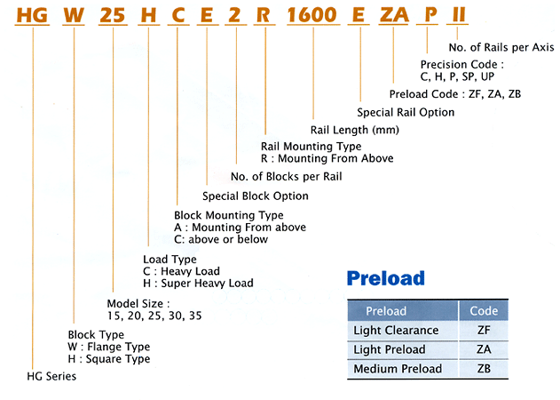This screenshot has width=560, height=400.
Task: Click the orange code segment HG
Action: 32,15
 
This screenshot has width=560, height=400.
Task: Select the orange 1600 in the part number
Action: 312,15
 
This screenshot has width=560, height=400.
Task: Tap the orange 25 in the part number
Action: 113,15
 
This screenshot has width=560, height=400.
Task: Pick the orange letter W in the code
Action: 74,15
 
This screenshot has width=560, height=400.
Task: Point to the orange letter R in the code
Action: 264,15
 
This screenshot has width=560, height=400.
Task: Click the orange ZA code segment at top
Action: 394,15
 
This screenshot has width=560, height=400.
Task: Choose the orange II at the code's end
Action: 459,15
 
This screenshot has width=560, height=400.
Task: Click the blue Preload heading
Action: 386,278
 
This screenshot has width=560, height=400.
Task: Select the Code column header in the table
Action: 484,310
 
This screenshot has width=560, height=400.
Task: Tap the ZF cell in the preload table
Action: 484,330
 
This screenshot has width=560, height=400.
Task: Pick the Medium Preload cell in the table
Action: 398,369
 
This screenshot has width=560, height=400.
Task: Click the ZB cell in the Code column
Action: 484,369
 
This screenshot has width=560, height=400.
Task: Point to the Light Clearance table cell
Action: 396,330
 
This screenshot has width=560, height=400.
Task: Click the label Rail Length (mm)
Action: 355,130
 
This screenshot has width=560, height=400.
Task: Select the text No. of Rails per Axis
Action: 501,47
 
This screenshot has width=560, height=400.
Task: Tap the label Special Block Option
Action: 256,196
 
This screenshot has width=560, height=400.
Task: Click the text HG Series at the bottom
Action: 51,376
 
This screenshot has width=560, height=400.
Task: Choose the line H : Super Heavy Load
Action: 198,283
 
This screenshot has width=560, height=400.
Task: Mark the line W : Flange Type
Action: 109,347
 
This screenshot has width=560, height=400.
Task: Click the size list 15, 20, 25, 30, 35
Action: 154,316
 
